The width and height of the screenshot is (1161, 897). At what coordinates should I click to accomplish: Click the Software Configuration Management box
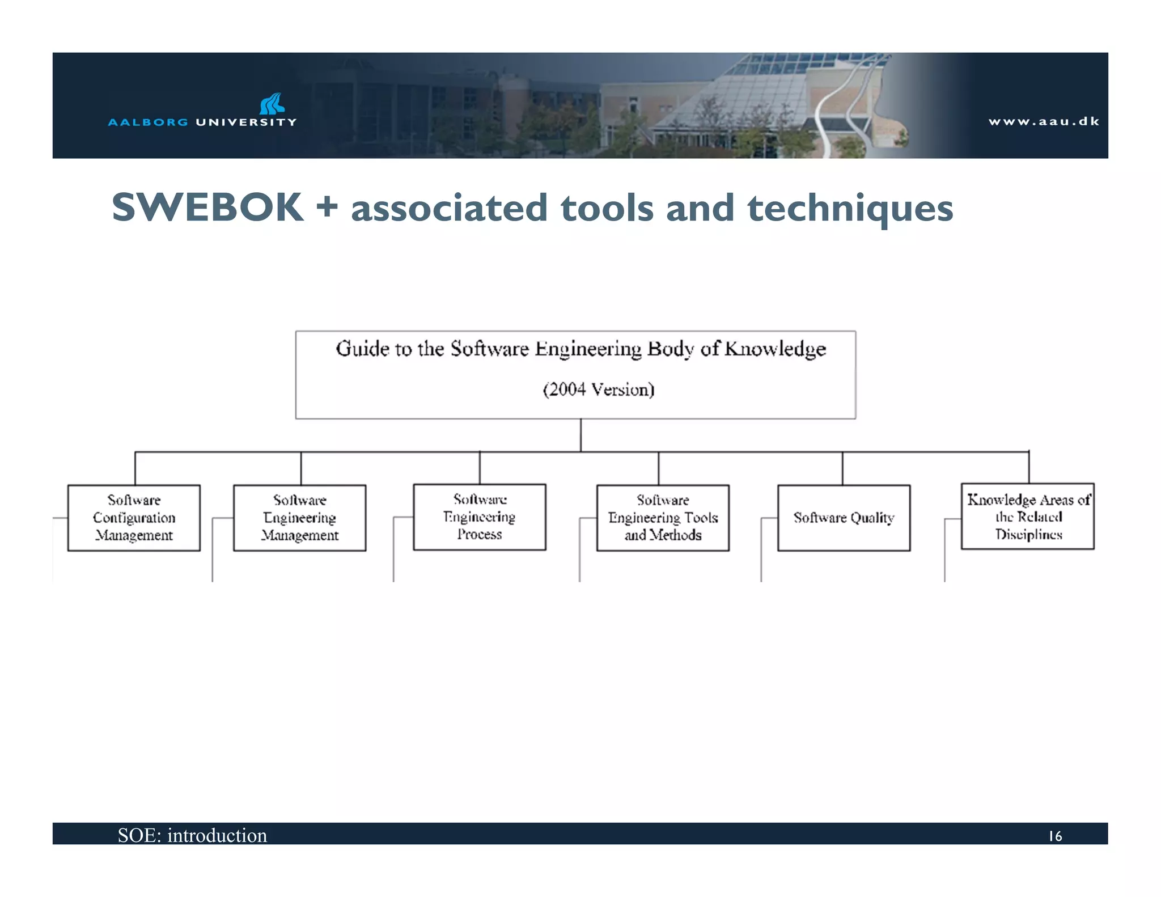click(x=134, y=518)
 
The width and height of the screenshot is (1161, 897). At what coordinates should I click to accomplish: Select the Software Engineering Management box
click(x=299, y=518)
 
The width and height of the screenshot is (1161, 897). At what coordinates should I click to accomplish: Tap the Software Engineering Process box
click(x=480, y=517)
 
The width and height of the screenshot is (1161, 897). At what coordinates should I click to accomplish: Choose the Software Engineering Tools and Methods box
click(x=663, y=518)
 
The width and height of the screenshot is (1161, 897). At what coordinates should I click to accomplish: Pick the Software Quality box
click(x=844, y=518)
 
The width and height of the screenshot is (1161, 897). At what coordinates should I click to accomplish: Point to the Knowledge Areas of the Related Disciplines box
click(x=1028, y=517)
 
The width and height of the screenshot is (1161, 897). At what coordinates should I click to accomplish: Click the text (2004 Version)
click(x=599, y=390)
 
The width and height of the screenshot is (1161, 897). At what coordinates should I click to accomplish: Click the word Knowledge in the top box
click(x=775, y=349)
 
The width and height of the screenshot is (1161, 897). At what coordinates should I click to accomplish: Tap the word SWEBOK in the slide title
click(x=207, y=208)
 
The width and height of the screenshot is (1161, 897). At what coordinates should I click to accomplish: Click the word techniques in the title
click(x=850, y=209)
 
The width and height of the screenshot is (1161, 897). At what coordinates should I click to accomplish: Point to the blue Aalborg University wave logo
click(x=272, y=104)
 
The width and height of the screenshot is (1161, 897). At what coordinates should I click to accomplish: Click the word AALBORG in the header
click(x=148, y=122)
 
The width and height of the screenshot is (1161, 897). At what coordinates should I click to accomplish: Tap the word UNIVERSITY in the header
click(x=246, y=122)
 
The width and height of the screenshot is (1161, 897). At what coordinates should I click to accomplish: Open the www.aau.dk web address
click(x=1044, y=121)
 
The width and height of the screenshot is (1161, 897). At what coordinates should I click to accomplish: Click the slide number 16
click(x=1054, y=836)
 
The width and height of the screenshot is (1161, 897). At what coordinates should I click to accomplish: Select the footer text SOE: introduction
click(x=192, y=835)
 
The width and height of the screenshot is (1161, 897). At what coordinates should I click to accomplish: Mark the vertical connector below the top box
click(x=580, y=435)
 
